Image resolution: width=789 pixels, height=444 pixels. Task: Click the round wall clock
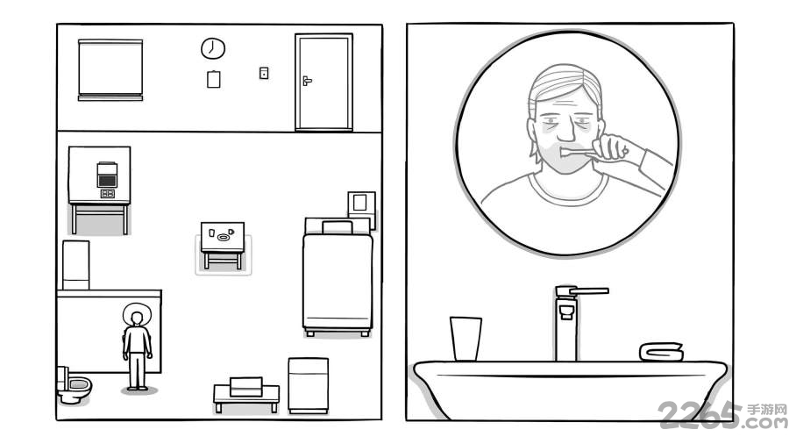tap(213, 48)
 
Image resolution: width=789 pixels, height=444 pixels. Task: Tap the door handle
tap(307, 80)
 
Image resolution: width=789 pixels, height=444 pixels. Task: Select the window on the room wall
tap(110, 69)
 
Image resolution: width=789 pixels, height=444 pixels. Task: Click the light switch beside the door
tap(264, 73)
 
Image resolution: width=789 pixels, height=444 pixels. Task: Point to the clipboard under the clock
tap(213, 79)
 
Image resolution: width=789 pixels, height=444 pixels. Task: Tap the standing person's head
tap(137, 319)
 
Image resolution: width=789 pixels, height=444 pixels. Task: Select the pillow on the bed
tap(338, 227)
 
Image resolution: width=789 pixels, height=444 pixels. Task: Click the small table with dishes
tap(223, 245)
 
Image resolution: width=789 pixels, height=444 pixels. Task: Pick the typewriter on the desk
tap(107, 175)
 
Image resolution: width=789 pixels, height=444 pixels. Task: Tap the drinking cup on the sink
tap(466, 339)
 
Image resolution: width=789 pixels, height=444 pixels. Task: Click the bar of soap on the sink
tap(661, 352)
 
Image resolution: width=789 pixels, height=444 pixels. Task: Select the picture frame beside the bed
tap(361, 204)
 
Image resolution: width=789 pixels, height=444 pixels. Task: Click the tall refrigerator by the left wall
tap(76, 265)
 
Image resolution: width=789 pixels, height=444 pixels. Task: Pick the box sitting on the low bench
tap(246, 386)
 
